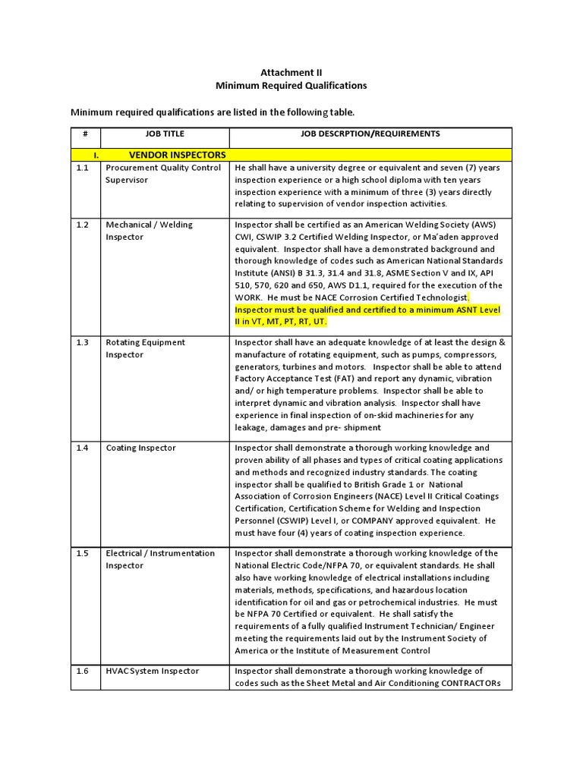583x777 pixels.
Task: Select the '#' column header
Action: (86, 134)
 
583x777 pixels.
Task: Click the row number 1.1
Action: (83, 168)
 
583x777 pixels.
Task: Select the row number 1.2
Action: (83, 225)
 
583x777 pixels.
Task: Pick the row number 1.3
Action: (83, 342)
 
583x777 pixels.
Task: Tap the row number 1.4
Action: (83, 448)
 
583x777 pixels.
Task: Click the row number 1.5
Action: (83, 553)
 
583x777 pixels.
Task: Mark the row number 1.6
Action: (83, 671)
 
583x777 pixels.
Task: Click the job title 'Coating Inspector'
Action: (140, 448)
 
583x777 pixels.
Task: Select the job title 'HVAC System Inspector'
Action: (153, 671)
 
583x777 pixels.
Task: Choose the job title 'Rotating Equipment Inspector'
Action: (145, 348)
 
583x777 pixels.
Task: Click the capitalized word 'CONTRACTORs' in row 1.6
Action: (465, 683)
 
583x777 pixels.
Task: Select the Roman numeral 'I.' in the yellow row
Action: (96, 155)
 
